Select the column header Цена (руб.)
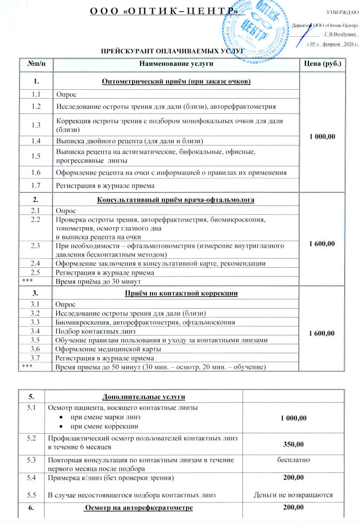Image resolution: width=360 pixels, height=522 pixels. (322, 63)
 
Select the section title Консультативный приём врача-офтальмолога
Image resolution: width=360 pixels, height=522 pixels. (176, 200)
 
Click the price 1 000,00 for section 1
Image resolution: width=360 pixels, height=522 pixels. (322, 137)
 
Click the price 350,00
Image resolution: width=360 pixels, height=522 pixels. (293, 445)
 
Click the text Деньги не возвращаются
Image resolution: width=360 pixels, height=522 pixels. (293, 495)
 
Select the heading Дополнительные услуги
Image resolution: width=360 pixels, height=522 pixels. (143, 396)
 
